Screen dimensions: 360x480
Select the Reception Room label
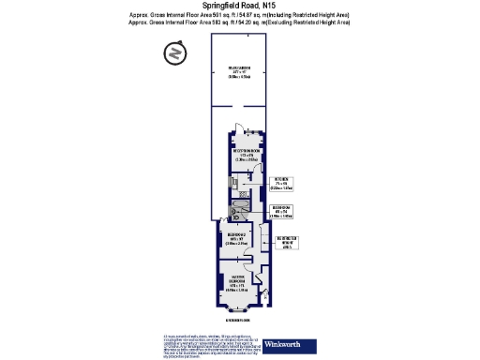coord(247,155)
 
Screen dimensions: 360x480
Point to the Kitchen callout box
coord(281,184)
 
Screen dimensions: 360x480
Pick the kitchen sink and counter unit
coord(229,184)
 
